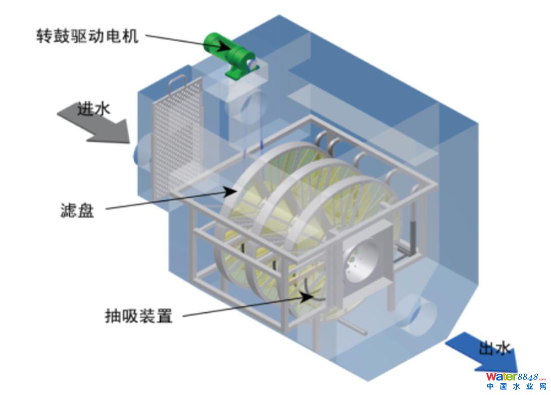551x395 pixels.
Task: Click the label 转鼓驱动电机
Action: (87, 36)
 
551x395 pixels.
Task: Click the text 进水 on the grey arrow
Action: (93, 109)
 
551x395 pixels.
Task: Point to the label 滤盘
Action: (77, 210)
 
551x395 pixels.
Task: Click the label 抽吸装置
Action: (138, 317)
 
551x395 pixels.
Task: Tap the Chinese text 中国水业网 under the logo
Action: (515, 387)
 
